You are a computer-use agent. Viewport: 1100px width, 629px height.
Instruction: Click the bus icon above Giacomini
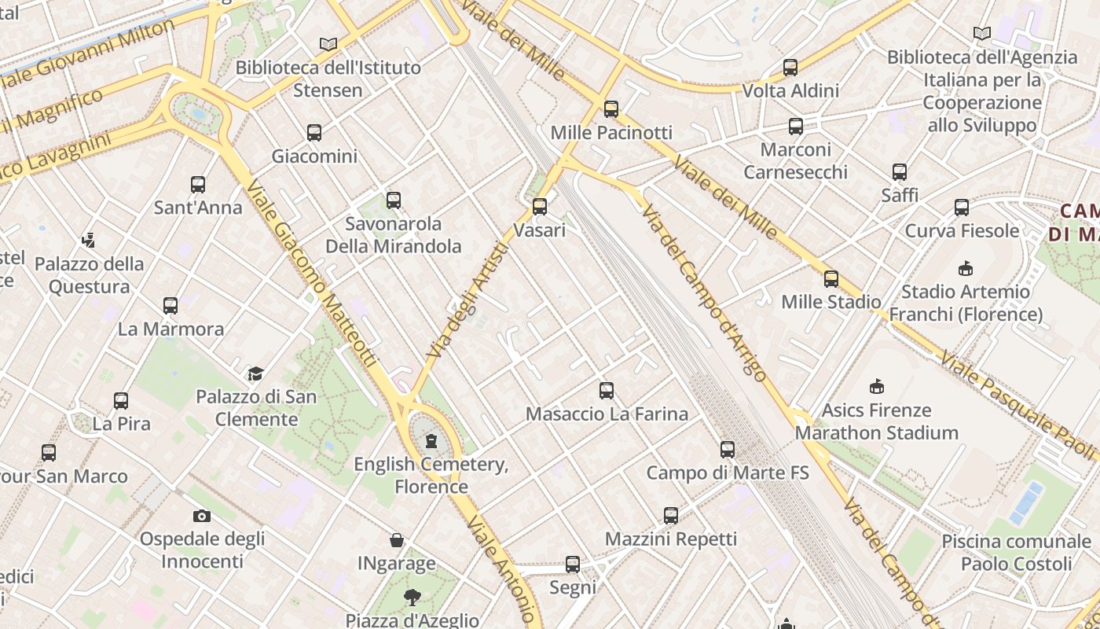314,133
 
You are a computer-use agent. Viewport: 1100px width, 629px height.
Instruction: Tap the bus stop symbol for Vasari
540,207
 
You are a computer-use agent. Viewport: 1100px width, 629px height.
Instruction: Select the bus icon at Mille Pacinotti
611,109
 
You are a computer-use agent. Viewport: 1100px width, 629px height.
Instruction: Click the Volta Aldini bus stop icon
790,68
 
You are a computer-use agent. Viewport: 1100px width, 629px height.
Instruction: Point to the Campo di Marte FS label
727,473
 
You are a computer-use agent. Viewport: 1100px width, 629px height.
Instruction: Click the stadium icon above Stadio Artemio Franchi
966,269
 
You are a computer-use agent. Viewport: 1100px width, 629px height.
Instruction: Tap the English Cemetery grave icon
431,441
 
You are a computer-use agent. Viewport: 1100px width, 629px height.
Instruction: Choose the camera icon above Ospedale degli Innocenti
202,516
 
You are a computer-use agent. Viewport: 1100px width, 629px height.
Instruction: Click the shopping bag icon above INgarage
398,540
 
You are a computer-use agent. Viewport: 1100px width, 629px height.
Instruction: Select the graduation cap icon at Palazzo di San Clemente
255,373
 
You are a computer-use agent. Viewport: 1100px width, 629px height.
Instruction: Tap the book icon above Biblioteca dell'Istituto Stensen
328,45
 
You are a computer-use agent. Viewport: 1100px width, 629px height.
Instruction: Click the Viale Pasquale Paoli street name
1018,405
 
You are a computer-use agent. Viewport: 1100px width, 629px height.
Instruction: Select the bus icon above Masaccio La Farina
607,391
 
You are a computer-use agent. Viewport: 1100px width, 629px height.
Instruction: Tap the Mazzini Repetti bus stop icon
670,516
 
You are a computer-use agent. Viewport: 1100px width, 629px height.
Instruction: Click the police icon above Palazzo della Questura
89,240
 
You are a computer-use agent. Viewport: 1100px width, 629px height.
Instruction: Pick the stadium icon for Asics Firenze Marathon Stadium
877,387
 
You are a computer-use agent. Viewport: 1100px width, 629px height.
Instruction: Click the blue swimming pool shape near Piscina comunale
1026,502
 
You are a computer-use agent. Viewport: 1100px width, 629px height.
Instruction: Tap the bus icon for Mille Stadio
831,279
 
